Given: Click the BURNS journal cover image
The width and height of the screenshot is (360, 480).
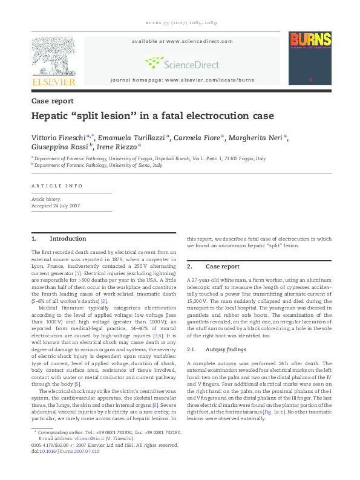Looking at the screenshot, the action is click(x=310, y=58).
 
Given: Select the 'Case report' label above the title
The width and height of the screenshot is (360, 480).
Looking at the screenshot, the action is click(x=53, y=101).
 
